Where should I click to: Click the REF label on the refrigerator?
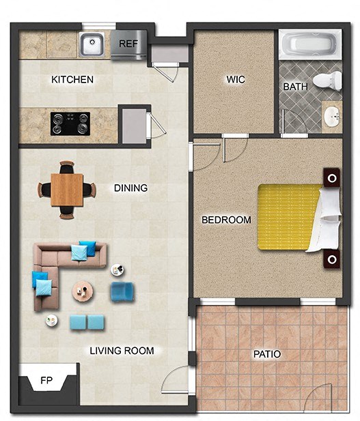(128, 44)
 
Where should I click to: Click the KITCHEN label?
(72, 80)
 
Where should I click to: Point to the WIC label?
(236, 80)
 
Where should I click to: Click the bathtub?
(309, 45)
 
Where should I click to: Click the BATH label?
(295, 87)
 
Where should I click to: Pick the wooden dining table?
(66, 189)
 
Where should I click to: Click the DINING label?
(130, 188)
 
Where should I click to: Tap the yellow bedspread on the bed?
(288, 217)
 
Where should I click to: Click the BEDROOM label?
(226, 220)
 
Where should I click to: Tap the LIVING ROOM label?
(122, 351)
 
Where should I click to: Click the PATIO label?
(267, 354)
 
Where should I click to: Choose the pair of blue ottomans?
(87, 322)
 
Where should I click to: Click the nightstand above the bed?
(333, 179)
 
